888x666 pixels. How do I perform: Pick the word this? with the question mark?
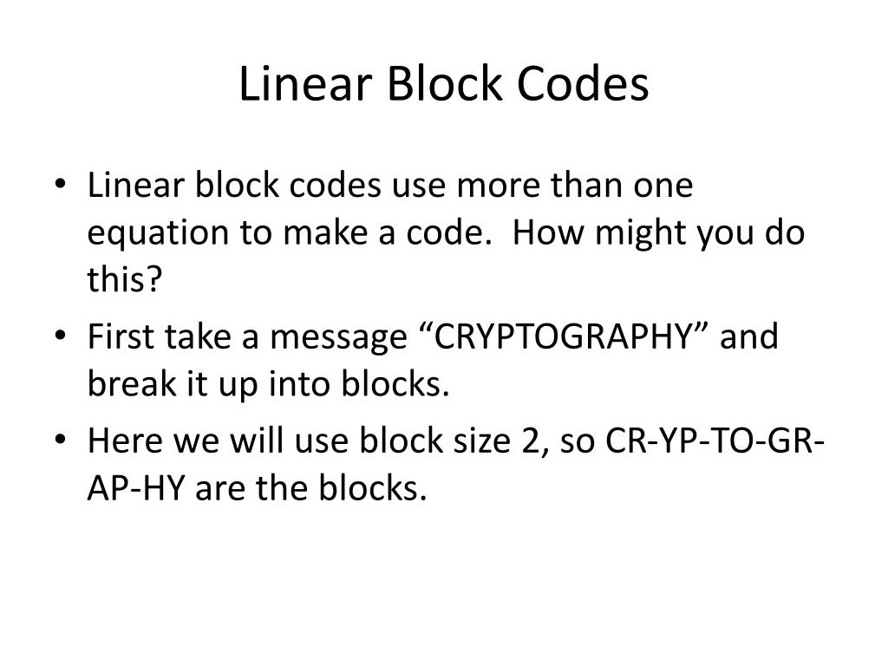[126, 281]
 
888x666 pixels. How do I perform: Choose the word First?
[121, 337]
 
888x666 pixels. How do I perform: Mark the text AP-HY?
[137, 487]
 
